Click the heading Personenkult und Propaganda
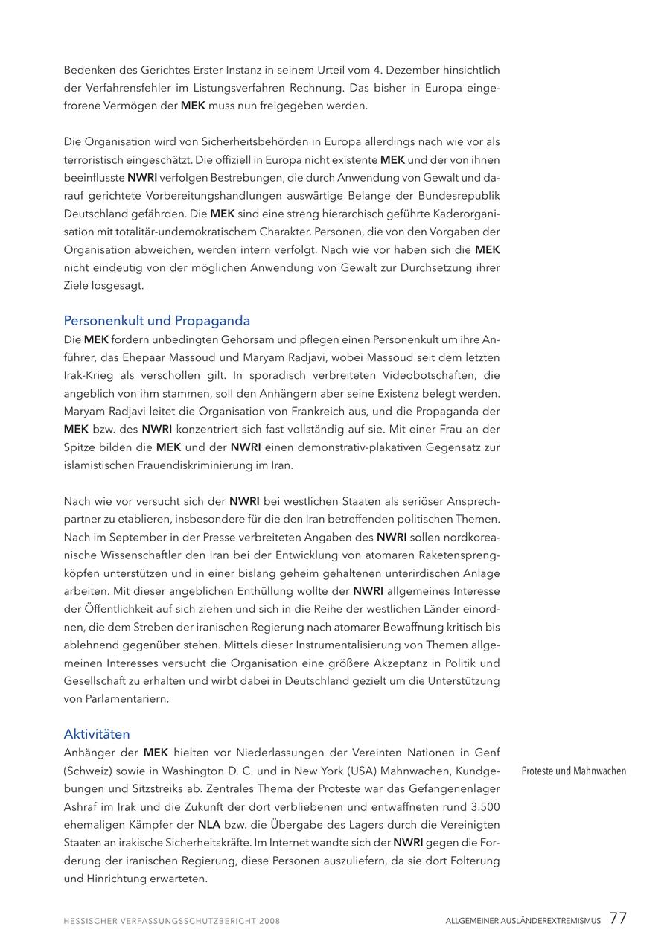tap(156, 321)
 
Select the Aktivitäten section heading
tap(97, 734)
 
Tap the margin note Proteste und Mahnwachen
tap(573, 771)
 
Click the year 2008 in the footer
tap(269, 921)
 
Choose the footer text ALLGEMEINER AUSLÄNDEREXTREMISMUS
tap(523, 921)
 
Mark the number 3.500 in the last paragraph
tap(485, 806)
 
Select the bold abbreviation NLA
tap(209, 825)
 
